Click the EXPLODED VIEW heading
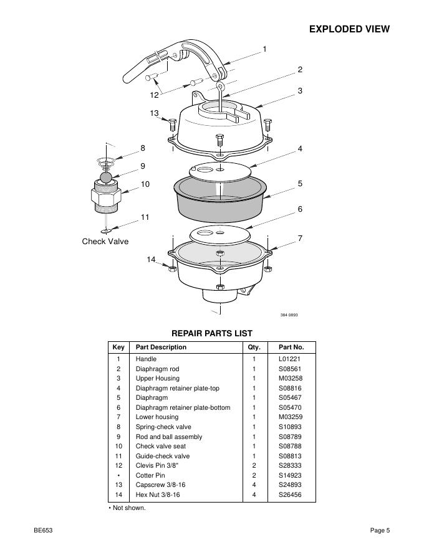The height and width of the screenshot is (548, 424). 349,29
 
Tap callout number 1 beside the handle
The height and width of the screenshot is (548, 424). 264,49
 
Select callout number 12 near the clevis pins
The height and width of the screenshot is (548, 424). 154,95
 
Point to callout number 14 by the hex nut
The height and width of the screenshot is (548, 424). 151,259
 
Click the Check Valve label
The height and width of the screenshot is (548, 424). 105,241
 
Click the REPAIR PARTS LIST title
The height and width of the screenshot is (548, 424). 212,333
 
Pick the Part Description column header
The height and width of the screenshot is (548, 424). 161,347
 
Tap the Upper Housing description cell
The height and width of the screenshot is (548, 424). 157,379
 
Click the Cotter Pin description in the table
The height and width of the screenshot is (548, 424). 150,475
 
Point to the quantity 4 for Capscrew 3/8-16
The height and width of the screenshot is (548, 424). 254,484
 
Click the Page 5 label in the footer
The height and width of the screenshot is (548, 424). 379,531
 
